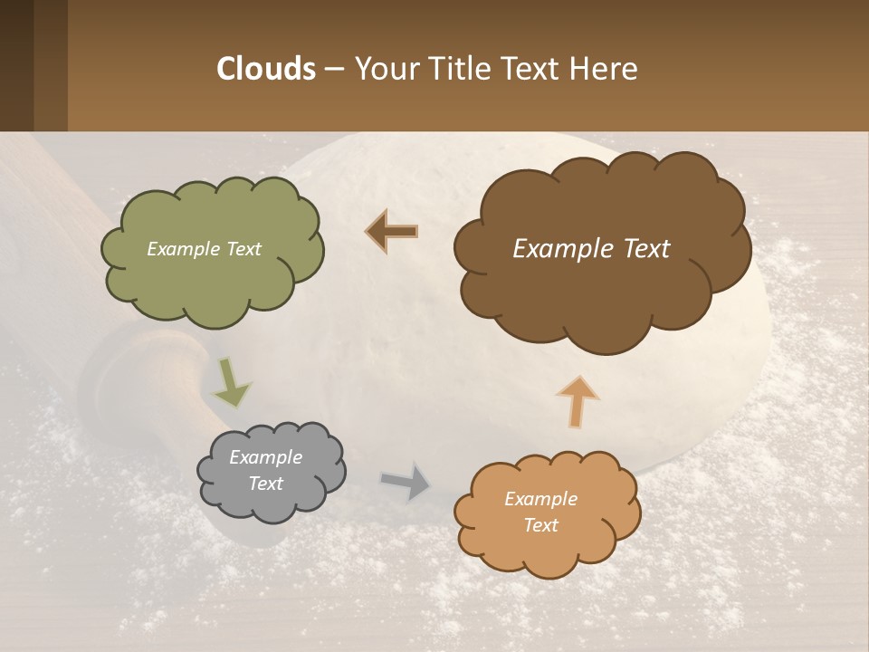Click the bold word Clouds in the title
[265, 68]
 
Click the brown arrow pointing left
[392, 231]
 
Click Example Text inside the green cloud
[204, 249]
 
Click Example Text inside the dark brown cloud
[591, 249]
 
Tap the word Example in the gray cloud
[265, 457]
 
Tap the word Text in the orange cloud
[540, 525]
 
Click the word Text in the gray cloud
[265, 484]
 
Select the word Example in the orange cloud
[540, 499]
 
